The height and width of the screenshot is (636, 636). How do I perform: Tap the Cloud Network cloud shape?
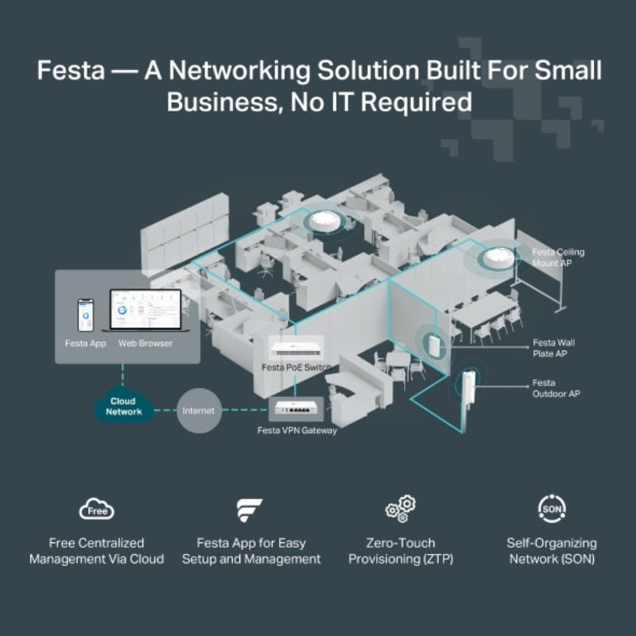[x=124, y=406]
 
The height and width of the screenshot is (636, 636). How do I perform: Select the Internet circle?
[x=199, y=410]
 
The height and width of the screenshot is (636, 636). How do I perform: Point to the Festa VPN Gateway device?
[x=297, y=409]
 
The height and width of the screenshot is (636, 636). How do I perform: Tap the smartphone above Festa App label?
[x=85, y=315]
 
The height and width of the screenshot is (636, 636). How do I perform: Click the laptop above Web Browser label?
[x=145, y=312]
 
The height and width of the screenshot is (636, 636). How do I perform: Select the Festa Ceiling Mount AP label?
[x=558, y=258]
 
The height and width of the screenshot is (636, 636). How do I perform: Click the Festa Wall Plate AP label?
[x=553, y=348]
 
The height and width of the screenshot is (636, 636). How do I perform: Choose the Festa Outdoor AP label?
[x=555, y=388]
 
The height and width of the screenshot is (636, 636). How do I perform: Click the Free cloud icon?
[x=97, y=510]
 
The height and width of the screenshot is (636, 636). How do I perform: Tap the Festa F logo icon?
[x=250, y=510]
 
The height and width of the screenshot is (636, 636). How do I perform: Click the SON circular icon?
[x=551, y=508]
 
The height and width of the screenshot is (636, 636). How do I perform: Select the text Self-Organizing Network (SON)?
[x=551, y=551]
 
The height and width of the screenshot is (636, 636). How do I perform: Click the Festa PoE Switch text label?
[x=296, y=367]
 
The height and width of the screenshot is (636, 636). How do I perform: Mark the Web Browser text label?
[x=145, y=343]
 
